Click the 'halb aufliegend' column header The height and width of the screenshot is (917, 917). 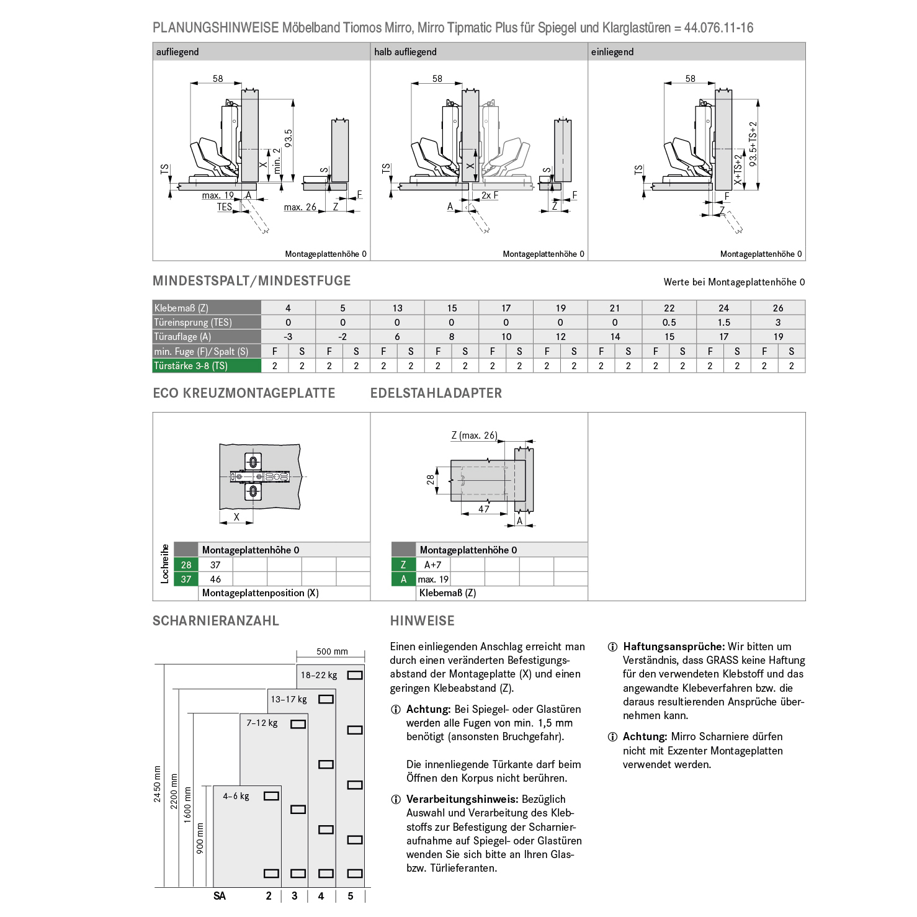click(x=405, y=52)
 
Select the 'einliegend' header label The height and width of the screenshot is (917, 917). click(x=612, y=52)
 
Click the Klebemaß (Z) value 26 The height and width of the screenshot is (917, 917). click(x=778, y=308)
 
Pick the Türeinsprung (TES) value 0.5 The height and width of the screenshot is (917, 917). click(x=669, y=322)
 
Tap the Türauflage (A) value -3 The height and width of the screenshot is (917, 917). click(x=288, y=336)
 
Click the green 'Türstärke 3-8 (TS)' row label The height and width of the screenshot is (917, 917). click(x=191, y=365)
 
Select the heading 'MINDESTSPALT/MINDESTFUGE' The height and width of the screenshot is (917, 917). click(x=251, y=281)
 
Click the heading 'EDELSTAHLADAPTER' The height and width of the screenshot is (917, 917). click(x=436, y=393)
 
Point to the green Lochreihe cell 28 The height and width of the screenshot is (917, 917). click(x=186, y=565)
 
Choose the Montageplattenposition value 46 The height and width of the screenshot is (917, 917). click(x=215, y=579)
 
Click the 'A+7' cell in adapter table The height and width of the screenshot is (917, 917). click(x=432, y=565)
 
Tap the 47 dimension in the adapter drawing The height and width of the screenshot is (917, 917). click(x=484, y=509)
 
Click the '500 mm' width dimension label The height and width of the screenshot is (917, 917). click(x=332, y=651)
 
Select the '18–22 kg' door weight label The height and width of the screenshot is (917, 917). click(x=319, y=675)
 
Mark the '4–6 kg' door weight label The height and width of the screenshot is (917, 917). click(x=236, y=796)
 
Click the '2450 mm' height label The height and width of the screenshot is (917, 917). click(x=158, y=784)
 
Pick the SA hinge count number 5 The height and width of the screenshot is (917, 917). click(x=351, y=896)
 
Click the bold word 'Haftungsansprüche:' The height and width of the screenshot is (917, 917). click(x=674, y=646)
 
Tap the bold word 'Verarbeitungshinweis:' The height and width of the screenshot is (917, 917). click(x=462, y=799)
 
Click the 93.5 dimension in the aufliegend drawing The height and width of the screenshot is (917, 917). click(x=289, y=138)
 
